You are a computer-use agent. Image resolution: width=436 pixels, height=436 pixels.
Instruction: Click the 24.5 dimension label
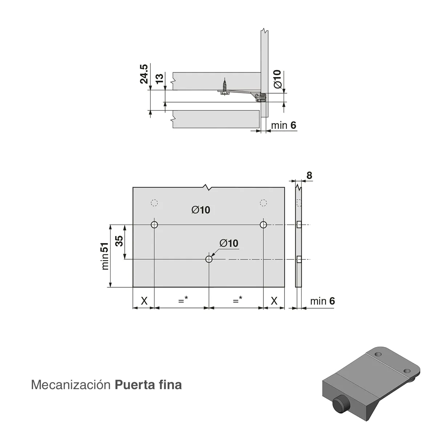(144, 74)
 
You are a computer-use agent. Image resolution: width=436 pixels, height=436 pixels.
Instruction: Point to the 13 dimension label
(160, 78)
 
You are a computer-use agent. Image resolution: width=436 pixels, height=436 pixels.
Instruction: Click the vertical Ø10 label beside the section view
(277, 79)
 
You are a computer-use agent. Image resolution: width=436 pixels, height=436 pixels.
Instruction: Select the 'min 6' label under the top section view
(283, 125)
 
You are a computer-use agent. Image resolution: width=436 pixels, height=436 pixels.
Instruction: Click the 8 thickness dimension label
(309, 175)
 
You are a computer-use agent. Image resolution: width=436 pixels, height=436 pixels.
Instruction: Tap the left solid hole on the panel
(154, 225)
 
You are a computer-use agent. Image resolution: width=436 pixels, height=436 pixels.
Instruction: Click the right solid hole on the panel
(263, 225)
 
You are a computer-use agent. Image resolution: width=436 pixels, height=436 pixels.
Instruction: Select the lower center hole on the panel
(209, 259)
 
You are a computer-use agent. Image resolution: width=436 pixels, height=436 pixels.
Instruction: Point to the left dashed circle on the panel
(154, 203)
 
